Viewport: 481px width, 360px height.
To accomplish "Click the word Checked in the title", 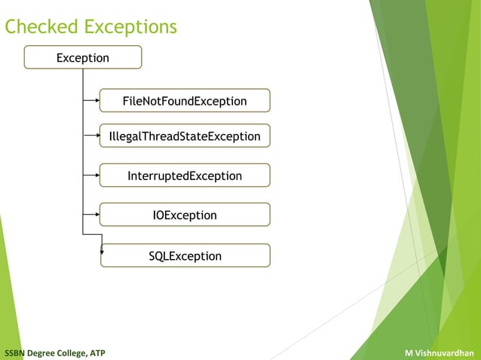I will [41, 27].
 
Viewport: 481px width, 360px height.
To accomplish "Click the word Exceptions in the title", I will [130, 27].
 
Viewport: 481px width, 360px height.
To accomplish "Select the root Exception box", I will [83, 58].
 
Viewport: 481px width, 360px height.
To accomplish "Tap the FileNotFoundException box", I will [185, 101].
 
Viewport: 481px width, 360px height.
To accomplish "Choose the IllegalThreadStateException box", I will [185, 136].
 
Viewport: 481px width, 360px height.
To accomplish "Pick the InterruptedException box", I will [185, 175].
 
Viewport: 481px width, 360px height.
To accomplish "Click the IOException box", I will [185, 215].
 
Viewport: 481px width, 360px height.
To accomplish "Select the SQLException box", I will [185, 256].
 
